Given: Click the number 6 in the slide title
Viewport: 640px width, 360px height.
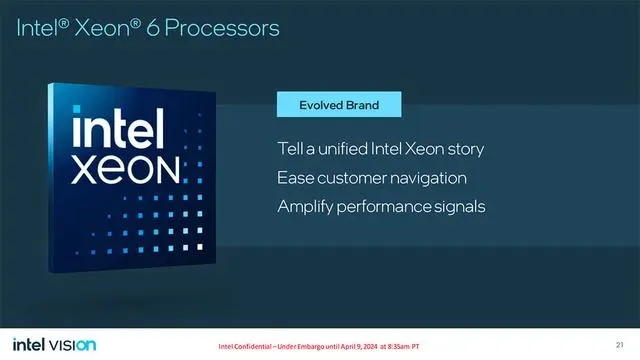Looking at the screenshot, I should (162, 28).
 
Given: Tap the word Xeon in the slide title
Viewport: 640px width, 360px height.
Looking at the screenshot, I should (115, 28).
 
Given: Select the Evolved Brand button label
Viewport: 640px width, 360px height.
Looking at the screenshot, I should (339, 104).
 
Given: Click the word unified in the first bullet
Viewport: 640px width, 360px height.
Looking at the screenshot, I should (345, 149).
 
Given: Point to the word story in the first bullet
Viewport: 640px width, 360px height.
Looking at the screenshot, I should (464, 149).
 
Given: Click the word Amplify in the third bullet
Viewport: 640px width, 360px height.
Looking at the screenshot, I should (307, 208).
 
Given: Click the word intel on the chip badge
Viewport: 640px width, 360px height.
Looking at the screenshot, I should (121, 130).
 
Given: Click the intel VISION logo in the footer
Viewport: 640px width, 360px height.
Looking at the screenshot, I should (55, 345).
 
